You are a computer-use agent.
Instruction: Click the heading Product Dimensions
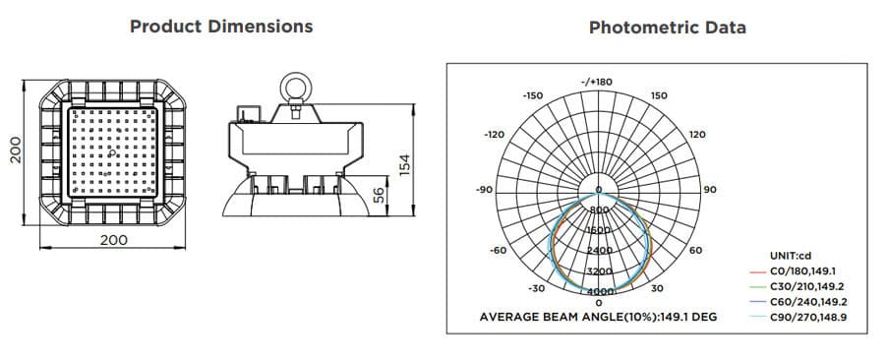(221, 27)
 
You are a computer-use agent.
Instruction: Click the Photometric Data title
(667, 28)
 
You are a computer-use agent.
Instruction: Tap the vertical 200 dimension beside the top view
(15, 150)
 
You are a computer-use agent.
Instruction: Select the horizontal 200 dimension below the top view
(114, 240)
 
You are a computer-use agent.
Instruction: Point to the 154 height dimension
(403, 164)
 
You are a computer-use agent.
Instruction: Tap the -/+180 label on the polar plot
(597, 82)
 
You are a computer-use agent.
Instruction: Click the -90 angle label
(484, 189)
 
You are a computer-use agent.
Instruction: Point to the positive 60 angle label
(696, 251)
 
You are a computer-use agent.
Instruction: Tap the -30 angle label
(536, 288)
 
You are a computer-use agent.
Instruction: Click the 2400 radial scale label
(599, 250)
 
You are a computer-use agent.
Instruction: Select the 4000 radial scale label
(599, 292)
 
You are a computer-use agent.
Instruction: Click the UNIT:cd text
(790, 255)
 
